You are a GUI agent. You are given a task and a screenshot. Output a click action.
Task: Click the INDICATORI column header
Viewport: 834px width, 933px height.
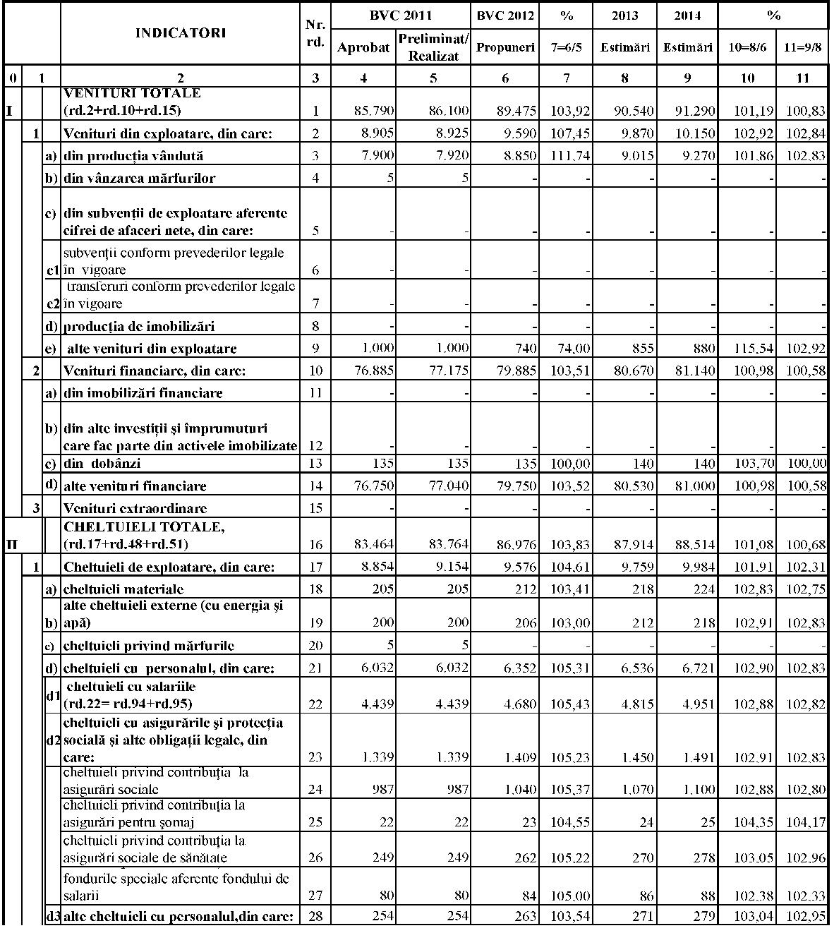[x=181, y=33]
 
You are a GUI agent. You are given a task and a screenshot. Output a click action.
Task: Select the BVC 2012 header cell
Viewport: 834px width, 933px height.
[x=505, y=15]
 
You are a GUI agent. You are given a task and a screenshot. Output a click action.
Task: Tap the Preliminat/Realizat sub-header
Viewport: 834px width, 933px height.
[x=433, y=48]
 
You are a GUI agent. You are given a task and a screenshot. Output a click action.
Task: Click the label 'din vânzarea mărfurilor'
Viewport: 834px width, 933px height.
[x=139, y=178]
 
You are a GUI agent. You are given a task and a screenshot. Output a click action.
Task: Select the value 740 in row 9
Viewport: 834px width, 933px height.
[x=524, y=349]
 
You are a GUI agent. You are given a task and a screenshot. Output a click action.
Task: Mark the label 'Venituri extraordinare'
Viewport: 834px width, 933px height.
[x=135, y=508]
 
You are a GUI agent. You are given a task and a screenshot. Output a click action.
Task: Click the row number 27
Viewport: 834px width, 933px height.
[x=315, y=896]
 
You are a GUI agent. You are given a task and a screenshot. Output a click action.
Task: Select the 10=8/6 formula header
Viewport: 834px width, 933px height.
[x=747, y=48]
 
